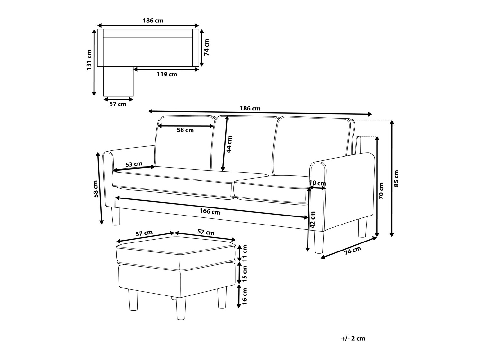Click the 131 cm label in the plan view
pyautogui.click(x=89, y=60)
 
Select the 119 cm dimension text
pyautogui.click(x=167, y=75)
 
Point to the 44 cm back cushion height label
pyautogui.click(x=229, y=144)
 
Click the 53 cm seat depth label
pyautogui.click(x=134, y=164)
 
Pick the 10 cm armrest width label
pyautogui.click(x=317, y=183)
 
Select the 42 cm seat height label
pyautogui.click(x=313, y=220)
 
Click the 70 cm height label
pyautogui.click(x=381, y=191)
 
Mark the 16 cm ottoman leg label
pyautogui.click(x=245, y=296)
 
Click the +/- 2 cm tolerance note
pyautogui.click(x=353, y=339)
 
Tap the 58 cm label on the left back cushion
pyautogui.click(x=185, y=130)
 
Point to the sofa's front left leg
pyautogui.click(x=115, y=216)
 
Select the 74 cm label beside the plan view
pyautogui.click(x=207, y=47)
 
